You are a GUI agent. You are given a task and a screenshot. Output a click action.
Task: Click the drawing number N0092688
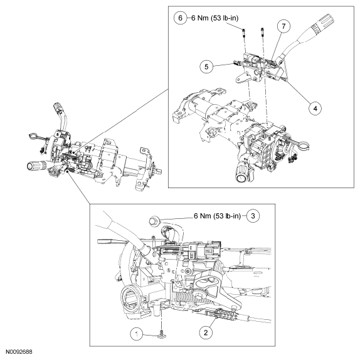(20, 354)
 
